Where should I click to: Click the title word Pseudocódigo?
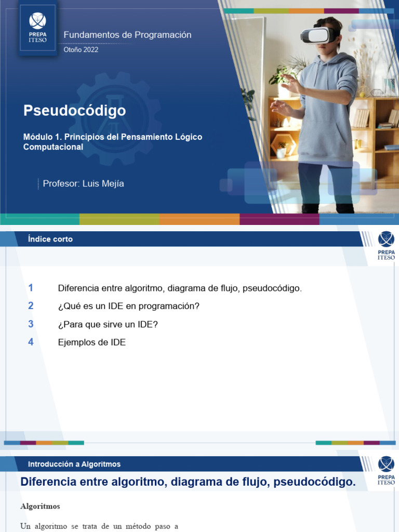pos(74,111)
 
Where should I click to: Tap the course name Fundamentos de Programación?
pos(127,35)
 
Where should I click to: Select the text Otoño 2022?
pos(81,50)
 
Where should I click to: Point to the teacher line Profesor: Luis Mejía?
pos(83,183)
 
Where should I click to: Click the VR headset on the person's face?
pos(317,35)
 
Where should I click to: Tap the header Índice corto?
pos(50,239)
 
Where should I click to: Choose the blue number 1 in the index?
pos(31,288)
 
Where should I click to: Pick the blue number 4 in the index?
pos(31,342)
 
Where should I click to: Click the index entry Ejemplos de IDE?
pos(91,342)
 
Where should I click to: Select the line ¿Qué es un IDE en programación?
pos(128,306)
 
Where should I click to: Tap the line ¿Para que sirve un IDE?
pos(108,324)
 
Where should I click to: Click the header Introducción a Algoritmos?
pos(74,464)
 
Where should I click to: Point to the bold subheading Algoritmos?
pos(40,506)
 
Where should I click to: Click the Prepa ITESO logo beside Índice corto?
pos(385,246)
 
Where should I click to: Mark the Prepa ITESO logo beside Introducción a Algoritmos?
pos(385,471)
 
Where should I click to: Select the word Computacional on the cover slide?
pos(53,147)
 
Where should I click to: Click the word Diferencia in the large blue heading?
pos(48,482)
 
